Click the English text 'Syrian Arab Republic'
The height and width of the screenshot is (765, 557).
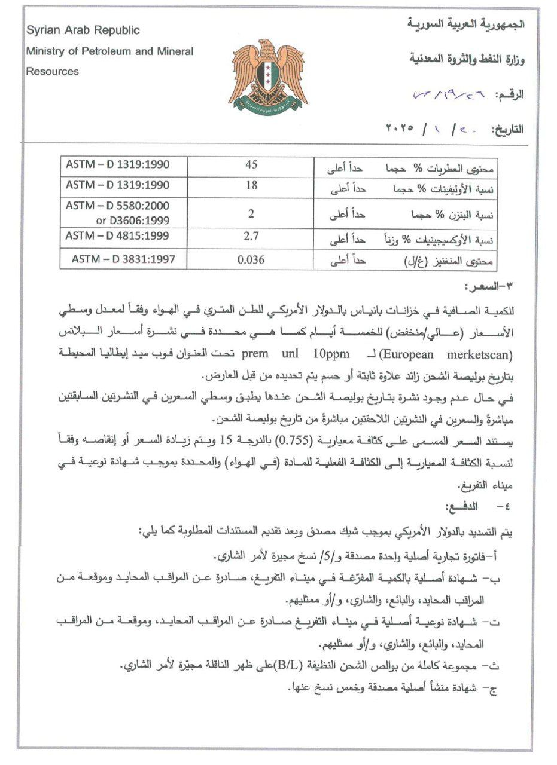tap(83, 30)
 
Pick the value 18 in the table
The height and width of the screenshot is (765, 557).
tap(252, 185)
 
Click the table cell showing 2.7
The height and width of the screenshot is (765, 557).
tap(252, 237)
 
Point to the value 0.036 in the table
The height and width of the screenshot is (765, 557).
tap(251, 259)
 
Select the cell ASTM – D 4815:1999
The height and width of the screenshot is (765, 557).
tap(117, 236)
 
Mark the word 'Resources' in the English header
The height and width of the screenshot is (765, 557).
tap(52, 72)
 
